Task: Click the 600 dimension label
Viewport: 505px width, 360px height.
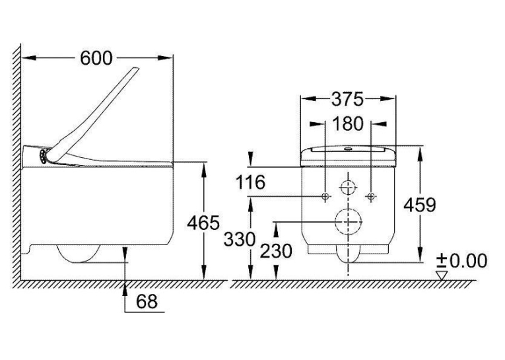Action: [x=96, y=58]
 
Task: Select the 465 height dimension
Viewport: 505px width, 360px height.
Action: [x=203, y=223]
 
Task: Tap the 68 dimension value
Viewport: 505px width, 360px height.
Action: [x=147, y=302]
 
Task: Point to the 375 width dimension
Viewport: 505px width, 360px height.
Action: [x=347, y=99]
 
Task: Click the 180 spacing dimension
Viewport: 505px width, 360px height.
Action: [x=347, y=124]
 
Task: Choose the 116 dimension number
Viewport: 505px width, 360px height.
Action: [x=250, y=182]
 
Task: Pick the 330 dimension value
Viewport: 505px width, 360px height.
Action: [x=240, y=240]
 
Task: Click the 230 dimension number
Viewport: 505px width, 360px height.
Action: [x=276, y=251]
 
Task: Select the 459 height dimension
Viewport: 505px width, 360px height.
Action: [x=420, y=205]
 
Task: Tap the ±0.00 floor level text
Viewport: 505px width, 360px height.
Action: [x=461, y=260]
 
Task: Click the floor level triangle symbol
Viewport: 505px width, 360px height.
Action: [x=442, y=275]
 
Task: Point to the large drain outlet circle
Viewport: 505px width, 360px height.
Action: [x=349, y=222]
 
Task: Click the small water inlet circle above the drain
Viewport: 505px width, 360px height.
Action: [x=349, y=187]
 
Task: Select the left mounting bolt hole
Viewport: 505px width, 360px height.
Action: [x=325, y=196]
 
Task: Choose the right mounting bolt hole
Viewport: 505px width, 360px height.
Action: [x=372, y=196]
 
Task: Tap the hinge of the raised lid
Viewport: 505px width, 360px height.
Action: [x=43, y=156]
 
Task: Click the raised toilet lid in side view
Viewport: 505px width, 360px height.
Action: [x=93, y=114]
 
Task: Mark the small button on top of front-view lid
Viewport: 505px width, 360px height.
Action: [x=348, y=149]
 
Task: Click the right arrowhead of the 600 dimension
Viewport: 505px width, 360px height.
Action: [x=165, y=58]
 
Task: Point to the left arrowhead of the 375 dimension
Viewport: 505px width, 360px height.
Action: [x=308, y=99]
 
